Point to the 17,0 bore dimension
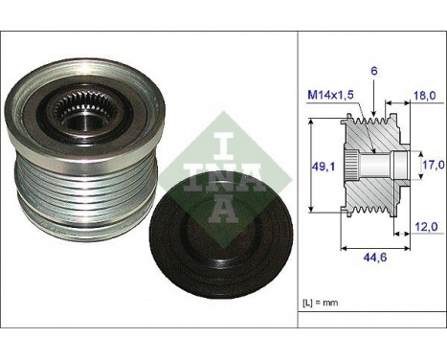432,166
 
